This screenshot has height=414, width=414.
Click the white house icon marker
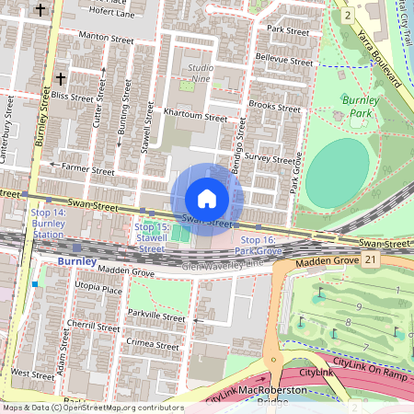pyautogui.click(x=206, y=198)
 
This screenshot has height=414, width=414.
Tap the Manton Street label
pyautogui.click(x=108, y=40)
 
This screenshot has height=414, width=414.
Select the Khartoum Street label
pyautogui.click(x=195, y=118)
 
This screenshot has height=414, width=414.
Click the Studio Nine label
pyautogui.click(x=201, y=73)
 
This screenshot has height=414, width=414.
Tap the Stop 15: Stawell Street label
pyautogui.click(x=152, y=237)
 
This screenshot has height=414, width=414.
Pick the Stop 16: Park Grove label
pyautogui.click(x=260, y=245)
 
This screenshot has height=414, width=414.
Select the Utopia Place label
pyautogui.click(x=98, y=289)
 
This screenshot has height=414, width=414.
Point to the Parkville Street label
pyautogui.click(x=156, y=315)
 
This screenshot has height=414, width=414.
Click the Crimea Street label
pyautogui.click(x=153, y=344)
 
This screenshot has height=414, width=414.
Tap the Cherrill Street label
pyautogui.click(x=92, y=327)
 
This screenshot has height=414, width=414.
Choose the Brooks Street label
pyautogui.click(x=274, y=108)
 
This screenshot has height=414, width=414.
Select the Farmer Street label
pyautogui.click(x=87, y=170)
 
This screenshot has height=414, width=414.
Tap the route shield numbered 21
pyautogui.click(x=371, y=261)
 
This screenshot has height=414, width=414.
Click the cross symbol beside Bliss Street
pyautogui.click(x=61, y=78)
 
